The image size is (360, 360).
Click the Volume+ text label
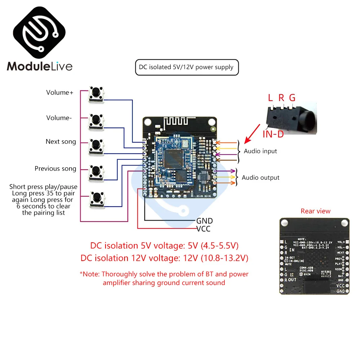60,93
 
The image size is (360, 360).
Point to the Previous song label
55,168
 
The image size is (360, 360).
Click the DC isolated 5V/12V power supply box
186,67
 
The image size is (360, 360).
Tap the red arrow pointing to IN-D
252,133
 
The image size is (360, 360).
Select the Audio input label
260,151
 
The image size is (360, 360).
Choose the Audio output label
261,177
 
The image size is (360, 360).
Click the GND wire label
204,221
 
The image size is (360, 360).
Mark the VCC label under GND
203,229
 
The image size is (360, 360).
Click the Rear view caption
315,211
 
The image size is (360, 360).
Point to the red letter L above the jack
271,98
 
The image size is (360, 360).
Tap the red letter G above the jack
292,98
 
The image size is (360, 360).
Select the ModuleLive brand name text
40,66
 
